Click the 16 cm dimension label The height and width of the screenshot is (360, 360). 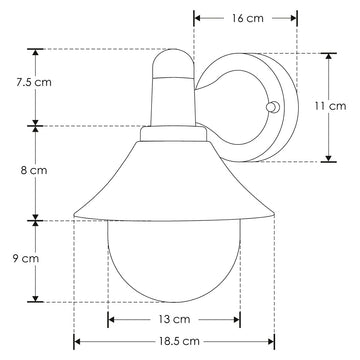[x=248, y=18]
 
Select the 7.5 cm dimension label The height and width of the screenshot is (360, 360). [x=34, y=82]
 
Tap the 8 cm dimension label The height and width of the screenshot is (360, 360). [x=34, y=170]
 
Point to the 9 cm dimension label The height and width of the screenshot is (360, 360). [x=26, y=258]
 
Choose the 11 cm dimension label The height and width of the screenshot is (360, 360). [x=331, y=106]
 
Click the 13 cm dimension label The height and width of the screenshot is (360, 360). [x=174, y=319]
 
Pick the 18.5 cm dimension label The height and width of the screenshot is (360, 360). [x=179, y=341]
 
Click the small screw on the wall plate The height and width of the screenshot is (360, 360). [x=271, y=107]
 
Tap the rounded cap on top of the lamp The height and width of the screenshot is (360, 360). [x=173, y=63]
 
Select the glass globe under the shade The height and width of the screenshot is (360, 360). [x=174, y=261]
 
